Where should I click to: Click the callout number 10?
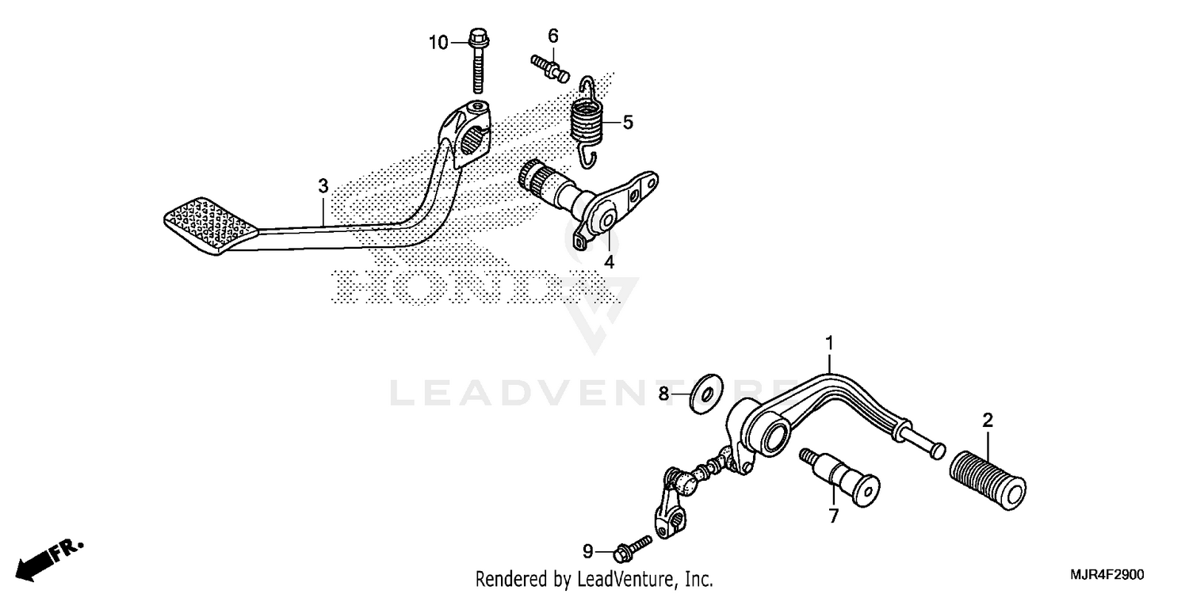click(439, 43)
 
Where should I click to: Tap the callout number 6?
click(553, 36)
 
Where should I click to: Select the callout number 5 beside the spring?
click(628, 122)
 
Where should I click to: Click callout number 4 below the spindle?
click(609, 262)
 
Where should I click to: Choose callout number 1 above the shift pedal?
click(829, 343)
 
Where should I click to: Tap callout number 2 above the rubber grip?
click(988, 421)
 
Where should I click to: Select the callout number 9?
click(587, 551)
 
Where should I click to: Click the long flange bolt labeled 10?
click(479, 63)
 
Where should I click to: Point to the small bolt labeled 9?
click(633, 546)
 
